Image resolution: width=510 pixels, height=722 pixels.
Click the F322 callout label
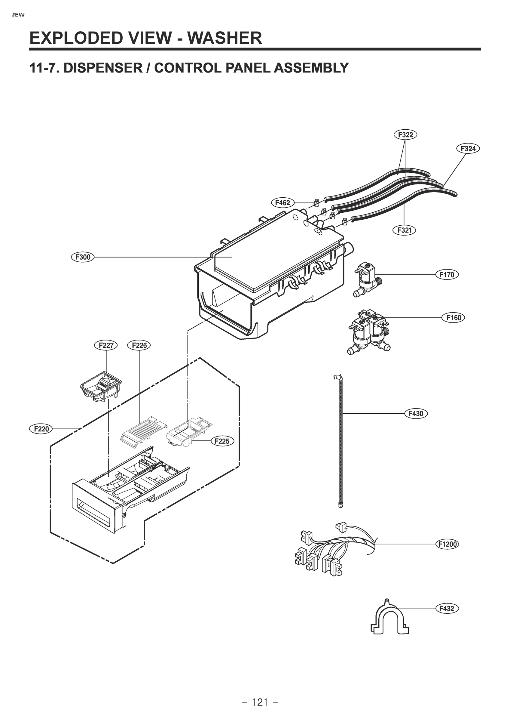coord(405,135)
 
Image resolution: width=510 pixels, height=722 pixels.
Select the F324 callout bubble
coord(468,148)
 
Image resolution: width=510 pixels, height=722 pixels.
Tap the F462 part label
coord(282,202)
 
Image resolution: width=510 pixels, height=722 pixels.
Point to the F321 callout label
coord(405,230)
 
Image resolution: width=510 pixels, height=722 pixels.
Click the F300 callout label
coord(83,257)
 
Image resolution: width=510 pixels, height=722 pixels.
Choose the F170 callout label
coord(447,275)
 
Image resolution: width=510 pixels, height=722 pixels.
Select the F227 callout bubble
coord(106,345)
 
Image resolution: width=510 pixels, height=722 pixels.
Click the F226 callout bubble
coord(139,345)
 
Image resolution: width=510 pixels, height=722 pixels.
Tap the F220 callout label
coord(41,429)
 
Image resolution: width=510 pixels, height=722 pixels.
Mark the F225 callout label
coord(222,441)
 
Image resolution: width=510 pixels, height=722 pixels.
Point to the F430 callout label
coord(416,414)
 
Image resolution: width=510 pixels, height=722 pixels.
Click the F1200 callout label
coord(447,544)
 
